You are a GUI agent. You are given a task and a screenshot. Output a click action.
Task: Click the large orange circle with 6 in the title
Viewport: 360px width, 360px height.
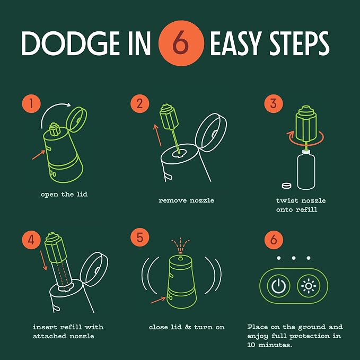pyautogui.click(x=181, y=43)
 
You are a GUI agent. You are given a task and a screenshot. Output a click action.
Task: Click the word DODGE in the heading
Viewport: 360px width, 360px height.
pyautogui.click(x=71, y=43)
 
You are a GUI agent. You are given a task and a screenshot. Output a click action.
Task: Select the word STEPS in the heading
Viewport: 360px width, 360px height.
pyautogui.click(x=299, y=43)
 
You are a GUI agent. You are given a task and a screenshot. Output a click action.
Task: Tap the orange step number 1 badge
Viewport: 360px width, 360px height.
pyautogui.click(x=31, y=103)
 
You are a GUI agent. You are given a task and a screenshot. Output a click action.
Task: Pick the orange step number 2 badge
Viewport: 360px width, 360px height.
pyautogui.click(x=140, y=103)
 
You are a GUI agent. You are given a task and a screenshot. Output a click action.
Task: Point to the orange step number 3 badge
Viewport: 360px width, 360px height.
pyautogui.click(x=274, y=103)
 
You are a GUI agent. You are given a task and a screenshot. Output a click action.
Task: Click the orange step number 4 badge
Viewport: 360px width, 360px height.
pyautogui.click(x=31, y=240)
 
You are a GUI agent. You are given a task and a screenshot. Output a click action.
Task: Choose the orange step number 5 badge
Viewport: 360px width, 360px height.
pyautogui.click(x=140, y=237)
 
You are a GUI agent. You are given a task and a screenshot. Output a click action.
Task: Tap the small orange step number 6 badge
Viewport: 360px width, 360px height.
pyautogui.click(x=274, y=240)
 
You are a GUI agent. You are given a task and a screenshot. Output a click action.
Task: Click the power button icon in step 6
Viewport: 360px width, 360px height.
pyautogui.click(x=278, y=286)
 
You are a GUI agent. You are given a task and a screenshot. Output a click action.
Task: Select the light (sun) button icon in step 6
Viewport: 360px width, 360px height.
pyautogui.click(x=309, y=286)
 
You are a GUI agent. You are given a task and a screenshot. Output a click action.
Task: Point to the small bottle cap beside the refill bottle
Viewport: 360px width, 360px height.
pyautogui.click(x=286, y=186)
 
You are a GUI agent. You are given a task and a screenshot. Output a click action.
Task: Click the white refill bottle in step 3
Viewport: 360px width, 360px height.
pyautogui.click(x=306, y=170)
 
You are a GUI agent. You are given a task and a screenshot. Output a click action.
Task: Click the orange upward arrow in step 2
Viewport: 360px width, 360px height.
pyautogui.click(x=157, y=135)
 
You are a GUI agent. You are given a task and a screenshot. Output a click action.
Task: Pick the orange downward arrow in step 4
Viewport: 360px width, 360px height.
pyautogui.click(x=43, y=260)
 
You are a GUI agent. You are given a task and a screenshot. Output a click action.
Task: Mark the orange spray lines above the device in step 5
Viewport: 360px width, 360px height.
pyautogui.click(x=180, y=245)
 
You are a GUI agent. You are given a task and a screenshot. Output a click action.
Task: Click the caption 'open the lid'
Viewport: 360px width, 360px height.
pyautogui.click(x=64, y=195)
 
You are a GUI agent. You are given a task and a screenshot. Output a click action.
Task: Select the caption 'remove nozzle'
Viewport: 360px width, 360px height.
pyautogui.click(x=186, y=200)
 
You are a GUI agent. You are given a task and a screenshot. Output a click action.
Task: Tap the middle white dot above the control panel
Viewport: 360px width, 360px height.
pyautogui.click(x=294, y=258)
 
